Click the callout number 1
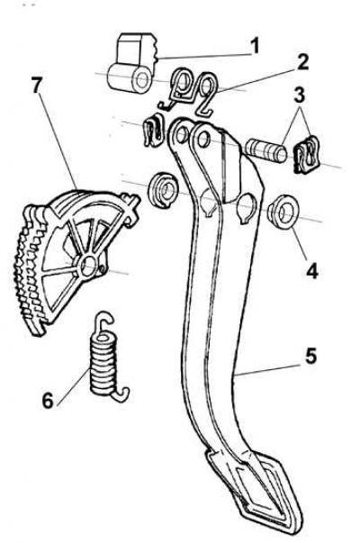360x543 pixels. point(255,46)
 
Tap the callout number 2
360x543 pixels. point(301,63)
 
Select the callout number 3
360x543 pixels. point(300,95)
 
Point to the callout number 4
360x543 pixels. point(312,270)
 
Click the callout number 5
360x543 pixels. point(310,356)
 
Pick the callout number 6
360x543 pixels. point(48,401)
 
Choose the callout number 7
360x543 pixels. point(37,86)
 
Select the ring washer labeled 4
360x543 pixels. point(283,212)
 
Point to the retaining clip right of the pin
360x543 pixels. point(307,155)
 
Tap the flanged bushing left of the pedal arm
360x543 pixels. point(163,191)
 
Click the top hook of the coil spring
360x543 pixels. point(103,321)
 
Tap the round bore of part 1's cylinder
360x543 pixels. point(141,81)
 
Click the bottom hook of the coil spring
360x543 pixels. point(121,394)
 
